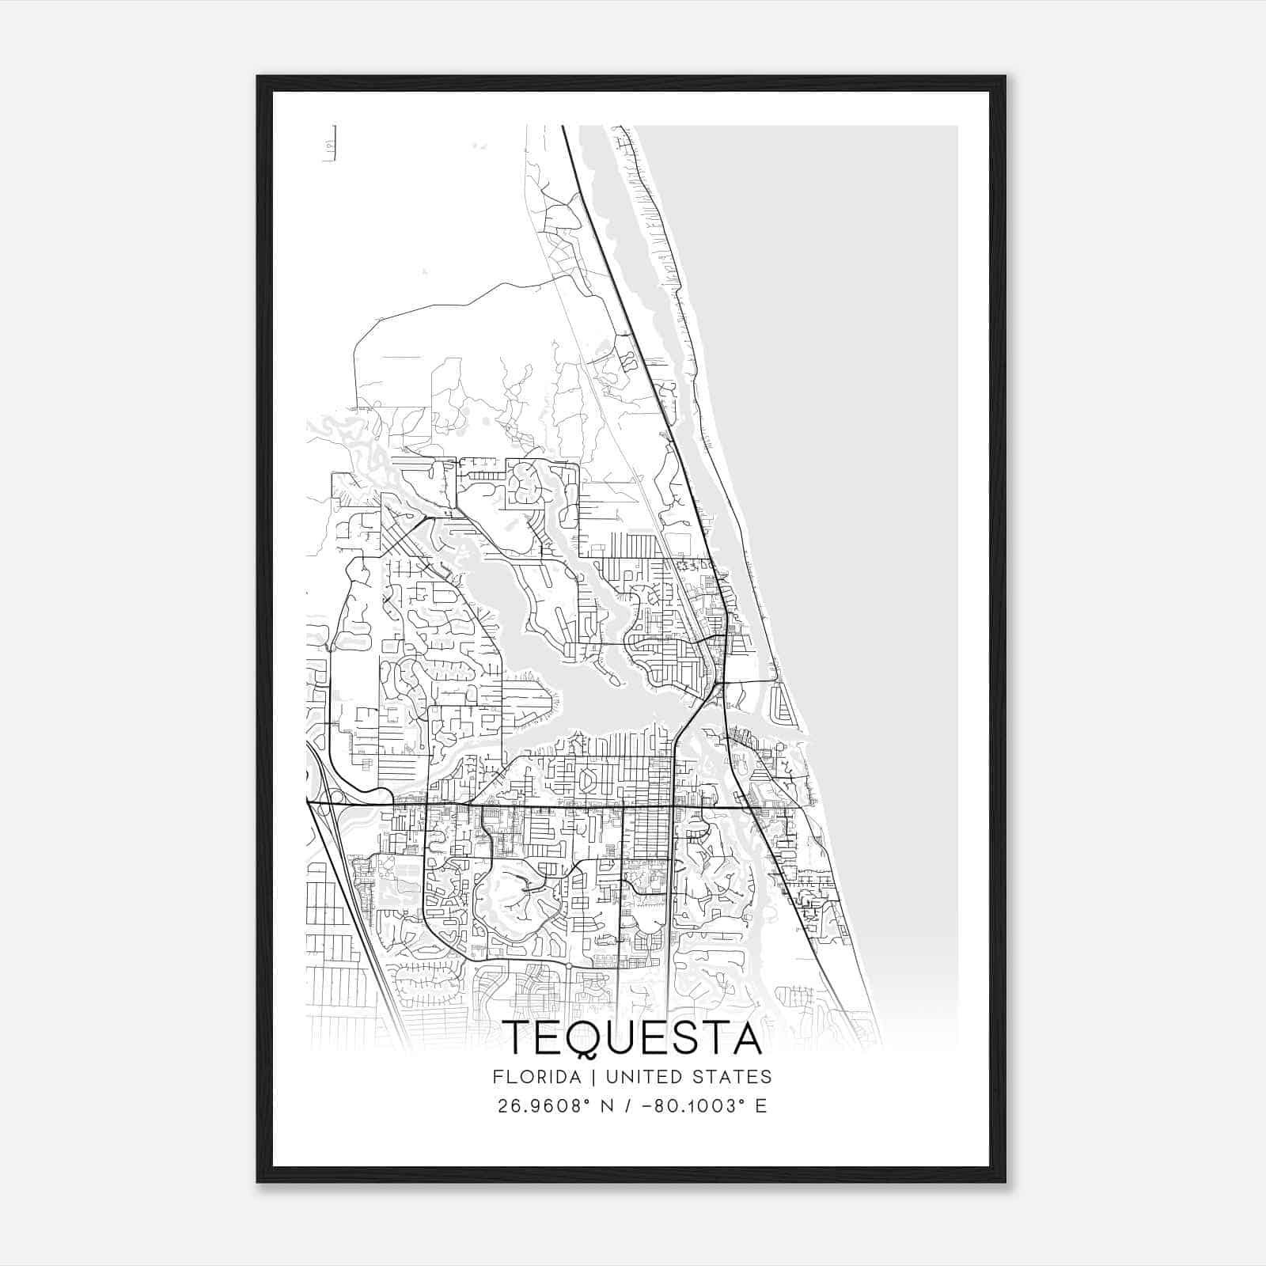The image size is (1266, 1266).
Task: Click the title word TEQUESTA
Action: click(x=632, y=1038)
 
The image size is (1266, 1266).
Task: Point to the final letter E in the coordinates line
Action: click(x=761, y=1105)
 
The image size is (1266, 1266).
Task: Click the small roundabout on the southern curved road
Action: click(x=568, y=967)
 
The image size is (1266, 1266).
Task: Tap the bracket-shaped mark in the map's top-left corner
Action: click(x=330, y=143)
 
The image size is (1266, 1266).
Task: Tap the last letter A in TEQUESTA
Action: click(x=745, y=1038)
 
